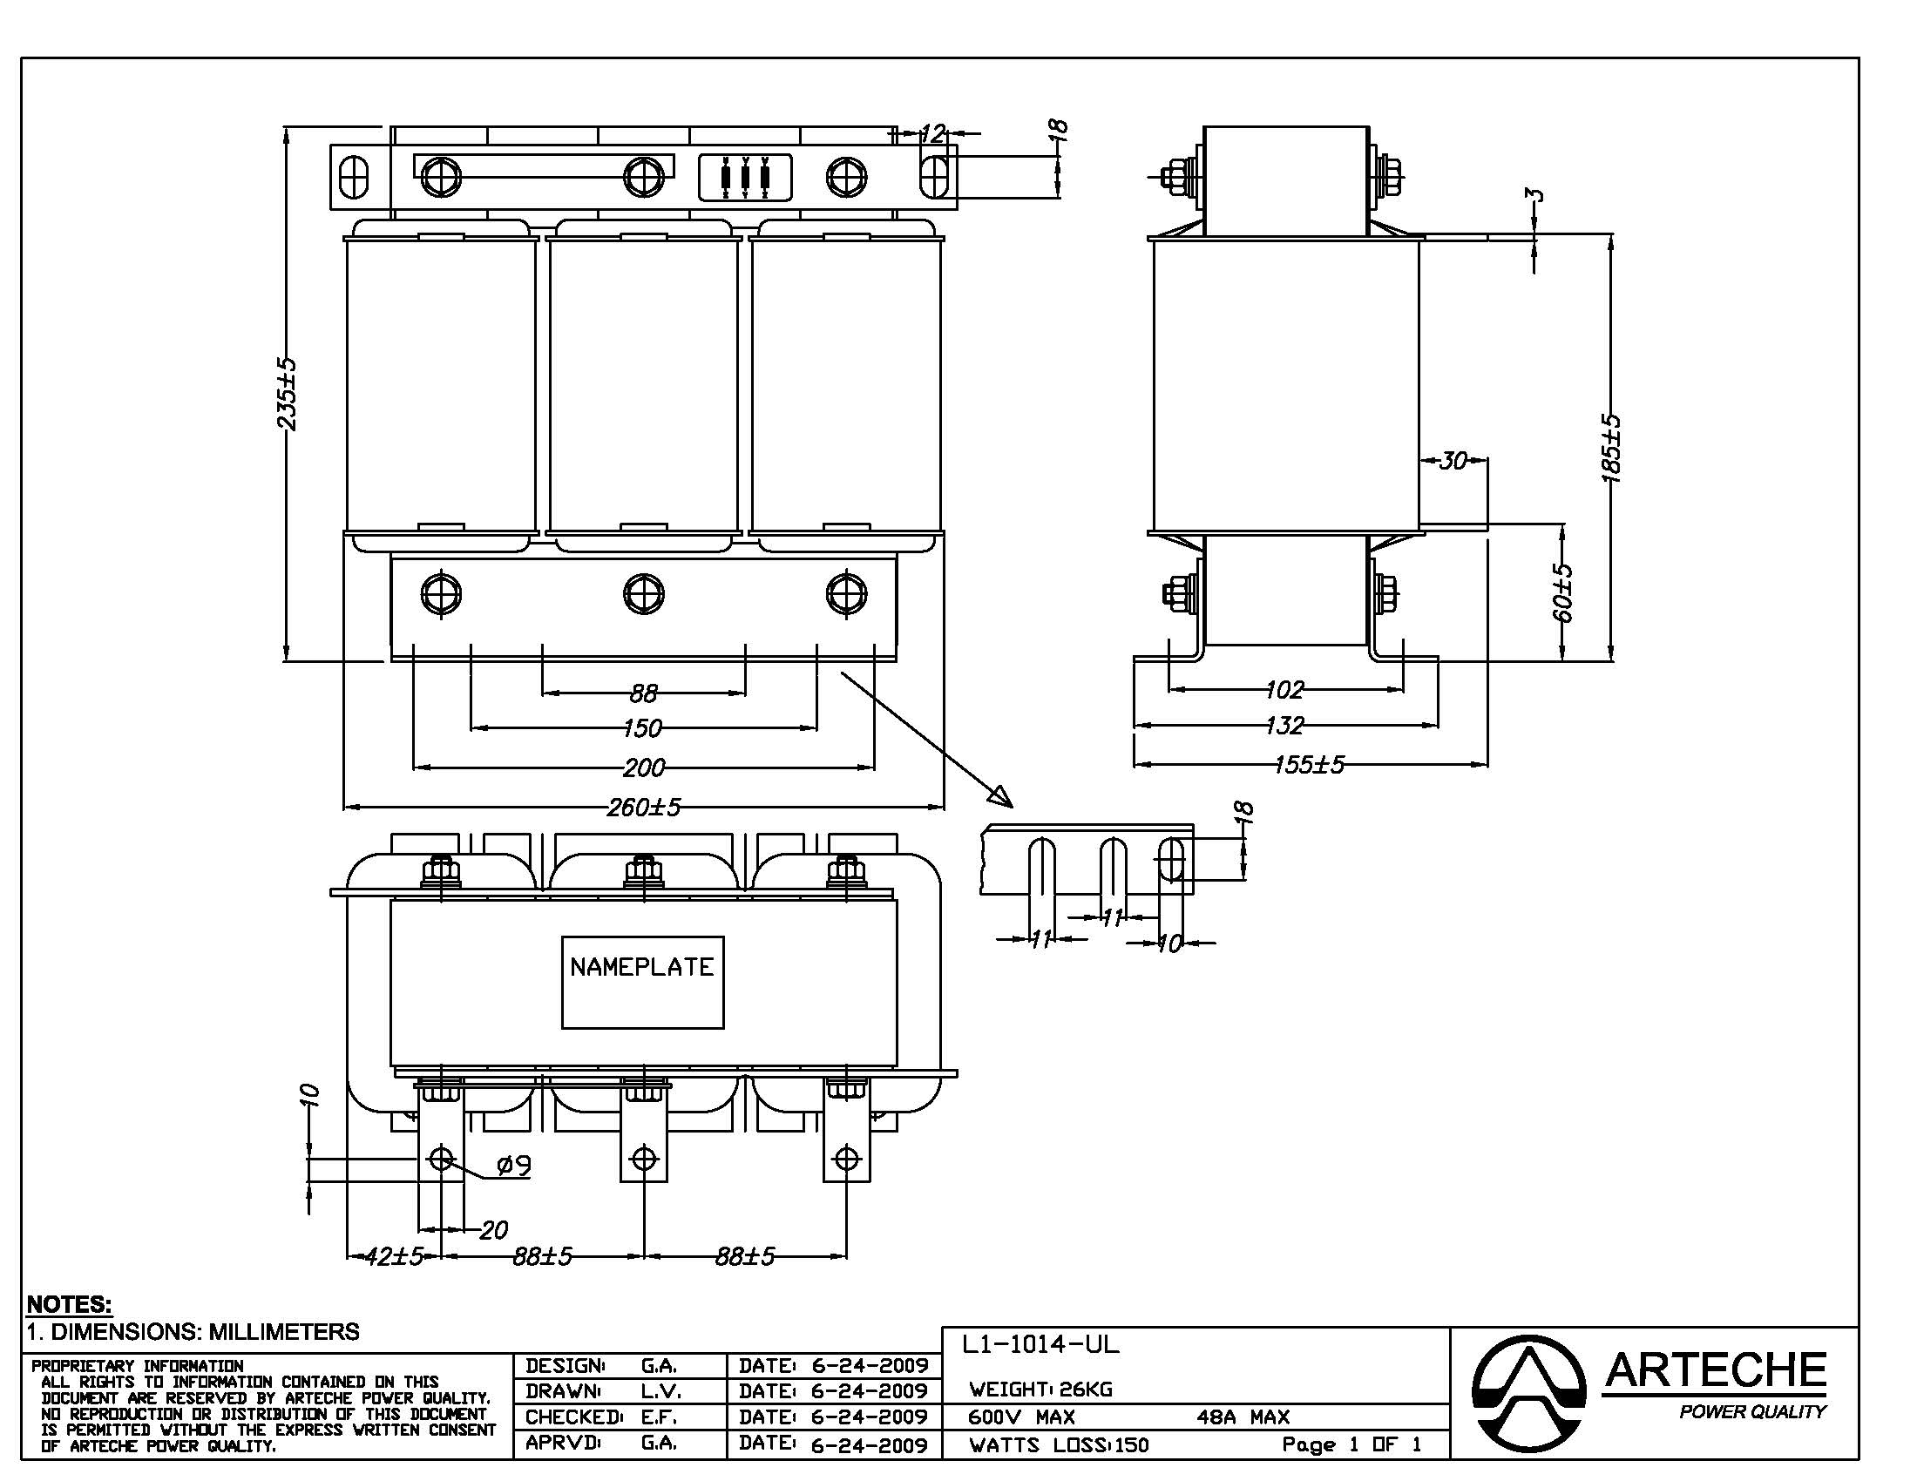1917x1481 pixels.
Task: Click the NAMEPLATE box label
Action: pyautogui.click(x=641, y=967)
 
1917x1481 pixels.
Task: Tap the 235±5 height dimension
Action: pyautogui.click(x=288, y=394)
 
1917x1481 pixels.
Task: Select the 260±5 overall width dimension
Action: pyautogui.click(x=643, y=807)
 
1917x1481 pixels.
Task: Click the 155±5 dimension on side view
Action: pyautogui.click(x=1309, y=765)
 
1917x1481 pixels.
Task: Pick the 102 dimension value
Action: pyautogui.click(x=1284, y=690)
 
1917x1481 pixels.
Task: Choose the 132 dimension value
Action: pyautogui.click(x=1284, y=726)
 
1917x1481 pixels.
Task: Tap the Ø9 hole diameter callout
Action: pyautogui.click(x=513, y=1165)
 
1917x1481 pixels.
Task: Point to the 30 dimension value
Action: pyautogui.click(x=1453, y=460)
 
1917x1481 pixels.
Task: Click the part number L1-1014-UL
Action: pyautogui.click(x=1040, y=1344)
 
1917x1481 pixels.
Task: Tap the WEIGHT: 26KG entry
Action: pyautogui.click(x=1040, y=1389)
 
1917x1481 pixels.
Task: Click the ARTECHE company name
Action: pyautogui.click(x=1715, y=1370)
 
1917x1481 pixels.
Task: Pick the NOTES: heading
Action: pyautogui.click(x=70, y=1304)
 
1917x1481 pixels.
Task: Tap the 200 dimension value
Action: pyautogui.click(x=643, y=768)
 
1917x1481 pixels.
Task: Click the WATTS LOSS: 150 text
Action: pyautogui.click(x=1058, y=1445)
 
